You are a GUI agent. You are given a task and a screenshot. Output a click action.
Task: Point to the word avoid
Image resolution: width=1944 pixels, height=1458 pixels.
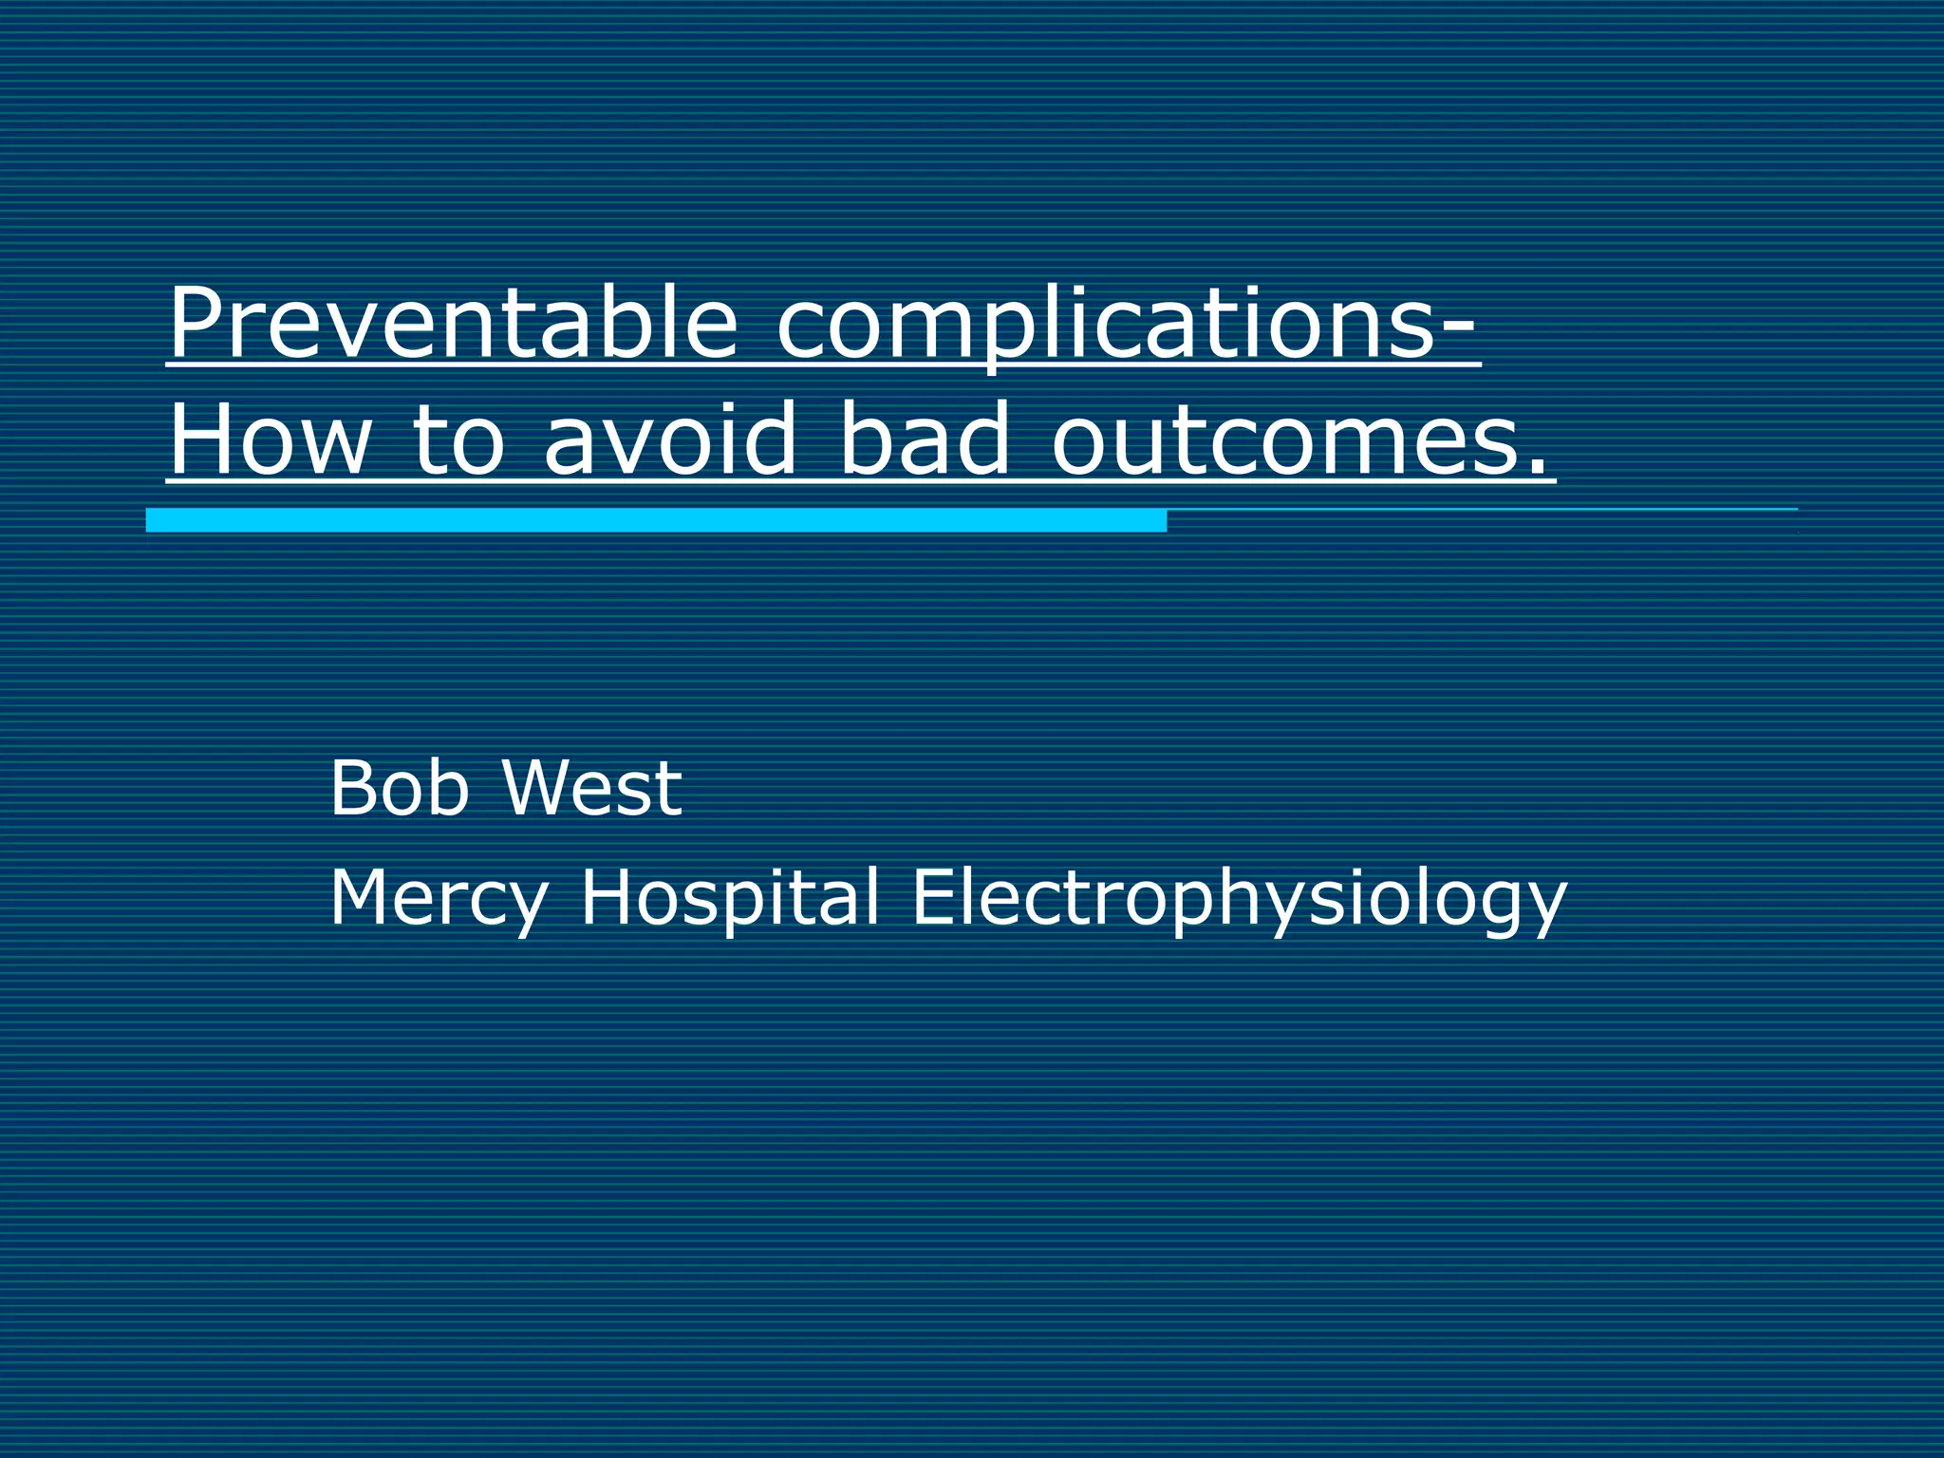669,439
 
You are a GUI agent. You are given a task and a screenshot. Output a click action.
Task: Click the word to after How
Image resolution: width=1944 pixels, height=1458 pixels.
458,439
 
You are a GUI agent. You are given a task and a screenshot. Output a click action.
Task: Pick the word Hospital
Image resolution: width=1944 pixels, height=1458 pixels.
729,898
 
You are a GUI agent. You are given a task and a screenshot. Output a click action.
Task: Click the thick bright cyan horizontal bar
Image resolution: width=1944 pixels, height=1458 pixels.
655,520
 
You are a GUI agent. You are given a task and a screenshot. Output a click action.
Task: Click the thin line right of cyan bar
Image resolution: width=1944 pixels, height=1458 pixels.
1481,510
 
